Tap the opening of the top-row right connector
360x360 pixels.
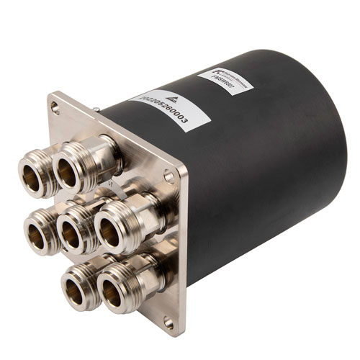(x=67, y=172)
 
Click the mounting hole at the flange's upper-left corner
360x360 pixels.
(x=55, y=107)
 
